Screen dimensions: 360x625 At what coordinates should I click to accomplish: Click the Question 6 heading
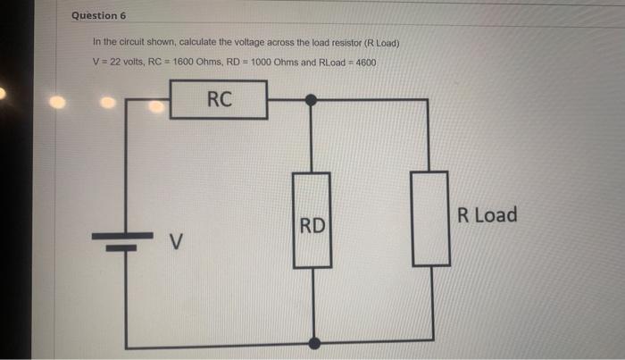(x=99, y=16)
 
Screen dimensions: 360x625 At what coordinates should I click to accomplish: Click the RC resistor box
(x=220, y=99)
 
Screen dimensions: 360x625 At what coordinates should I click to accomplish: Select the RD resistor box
(x=312, y=219)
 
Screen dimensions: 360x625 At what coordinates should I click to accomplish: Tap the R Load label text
(x=487, y=214)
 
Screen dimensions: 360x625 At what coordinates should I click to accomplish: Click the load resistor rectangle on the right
(x=430, y=218)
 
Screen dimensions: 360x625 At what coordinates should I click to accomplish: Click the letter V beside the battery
(x=177, y=241)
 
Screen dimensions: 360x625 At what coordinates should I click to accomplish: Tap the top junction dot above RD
(x=312, y=100)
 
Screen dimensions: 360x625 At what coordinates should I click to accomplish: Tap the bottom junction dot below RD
(x=312, y=343)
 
